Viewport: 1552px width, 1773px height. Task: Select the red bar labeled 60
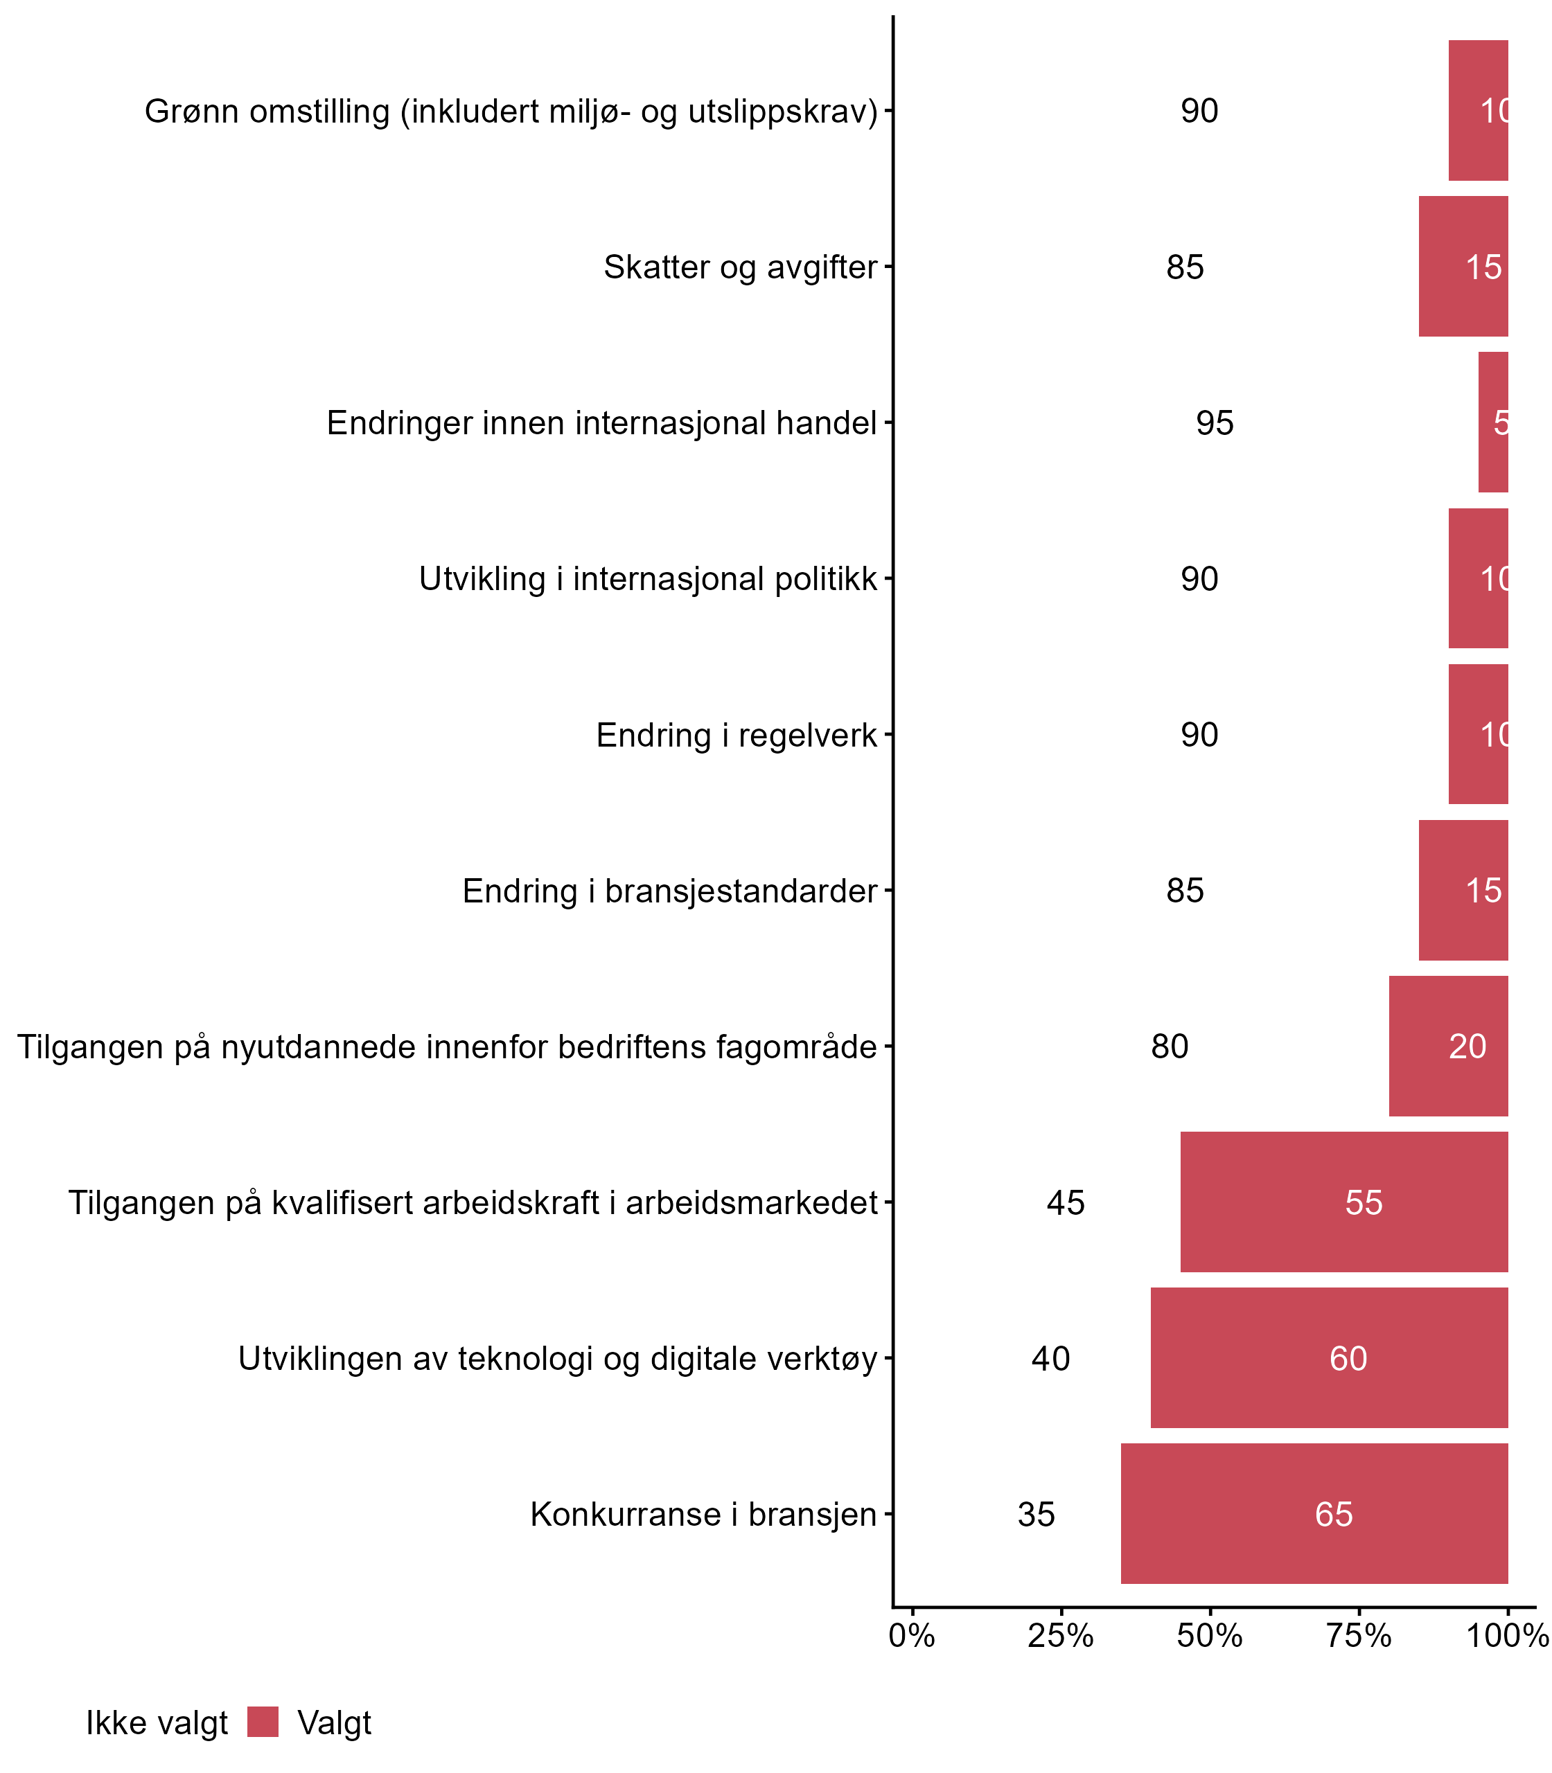[1329, 1358]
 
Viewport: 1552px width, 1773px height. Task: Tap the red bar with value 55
[1343, 1202]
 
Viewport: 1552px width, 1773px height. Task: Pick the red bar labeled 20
[1448, 1046]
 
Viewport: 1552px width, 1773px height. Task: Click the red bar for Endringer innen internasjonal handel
[1493, 422]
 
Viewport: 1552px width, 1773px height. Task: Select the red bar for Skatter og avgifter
[1463, 267]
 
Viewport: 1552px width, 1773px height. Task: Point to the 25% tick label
[1061, 1636]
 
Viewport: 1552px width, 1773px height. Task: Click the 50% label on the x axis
[1210, 1636]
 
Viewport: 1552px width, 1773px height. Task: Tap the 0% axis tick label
[912, 1636]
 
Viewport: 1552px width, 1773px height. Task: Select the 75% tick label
[1359, 1636]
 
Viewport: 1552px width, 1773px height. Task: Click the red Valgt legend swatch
[263, 1722]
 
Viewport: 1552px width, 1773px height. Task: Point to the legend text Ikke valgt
[157, 1723]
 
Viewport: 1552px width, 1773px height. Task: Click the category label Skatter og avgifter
[741, 267]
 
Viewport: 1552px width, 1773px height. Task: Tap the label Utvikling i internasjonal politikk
[648, 579]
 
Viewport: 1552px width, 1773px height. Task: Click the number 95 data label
[1215, 423]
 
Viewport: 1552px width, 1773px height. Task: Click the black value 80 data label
[1170, 1046]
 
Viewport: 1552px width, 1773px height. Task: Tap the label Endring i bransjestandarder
[669, 891]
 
